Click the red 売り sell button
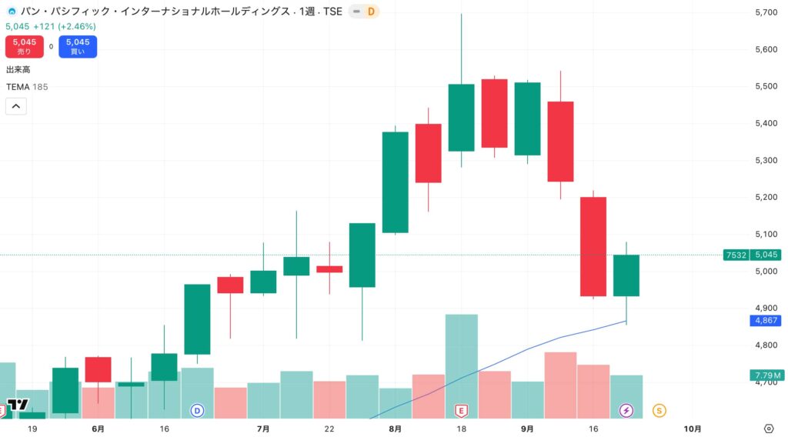[24, 46]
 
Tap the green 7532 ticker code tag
[736, 255]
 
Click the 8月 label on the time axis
[396, 429]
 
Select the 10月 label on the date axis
[693, 429]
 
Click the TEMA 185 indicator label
[27, 87]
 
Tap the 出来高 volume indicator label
[18, 70]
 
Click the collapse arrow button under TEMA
[16, 106]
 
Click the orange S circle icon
[659, 411]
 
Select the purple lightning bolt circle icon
[626, 411]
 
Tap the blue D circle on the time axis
[198, 411]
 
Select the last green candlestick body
[626, 275]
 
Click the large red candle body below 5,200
[593, 246]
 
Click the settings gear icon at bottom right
[768, 429]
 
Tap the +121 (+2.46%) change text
[64, 26]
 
